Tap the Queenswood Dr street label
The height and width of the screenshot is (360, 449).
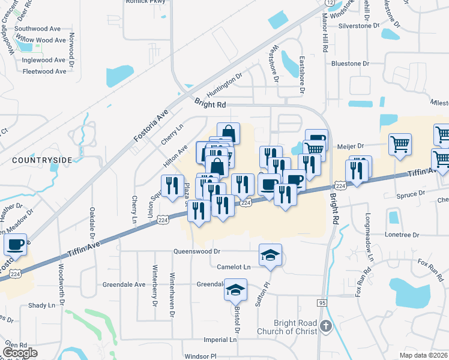[197, 252]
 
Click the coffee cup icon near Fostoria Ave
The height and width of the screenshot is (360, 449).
[15, 244]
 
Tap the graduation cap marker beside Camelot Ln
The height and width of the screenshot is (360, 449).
[270, 255]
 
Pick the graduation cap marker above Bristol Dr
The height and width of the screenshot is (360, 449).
[236, 290]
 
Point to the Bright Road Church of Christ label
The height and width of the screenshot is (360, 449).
[287, 327]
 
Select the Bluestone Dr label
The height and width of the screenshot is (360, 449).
[350, 64]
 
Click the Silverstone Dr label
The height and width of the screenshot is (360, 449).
[360, 26]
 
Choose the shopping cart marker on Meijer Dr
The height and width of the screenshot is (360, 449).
[400, 144]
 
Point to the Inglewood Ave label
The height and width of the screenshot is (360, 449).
[44, 60]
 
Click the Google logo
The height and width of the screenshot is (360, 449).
[20, 353]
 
